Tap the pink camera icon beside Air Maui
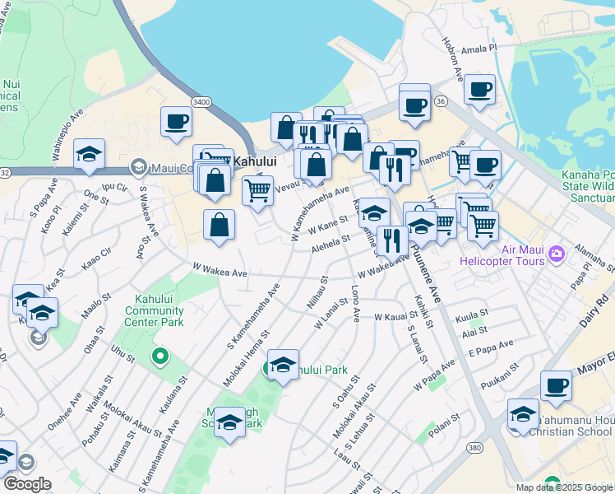pos(557,253)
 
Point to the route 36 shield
pos(442,100)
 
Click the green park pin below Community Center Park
pos(160,357)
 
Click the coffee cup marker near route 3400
pos(177,123)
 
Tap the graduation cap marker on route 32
pos(89,155)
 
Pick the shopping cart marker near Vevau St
pos(258,191)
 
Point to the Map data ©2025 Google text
pos(564,487)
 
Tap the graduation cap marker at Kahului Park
pos(283,365)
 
